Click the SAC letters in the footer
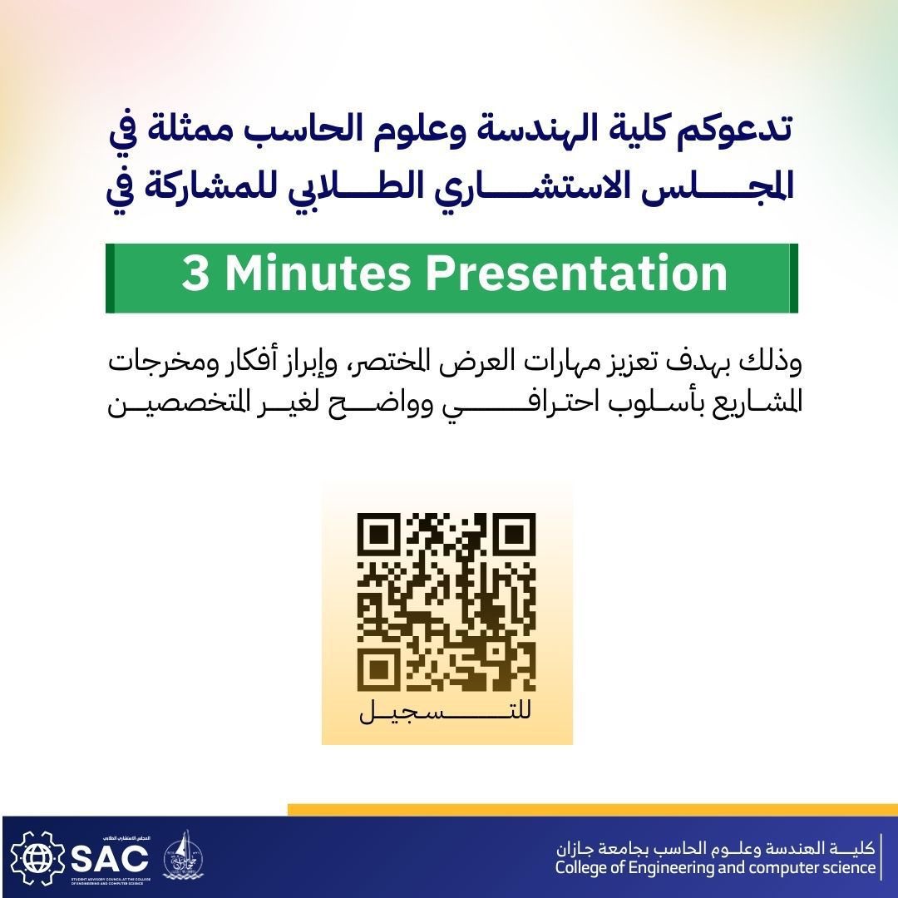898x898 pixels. coord(109,856)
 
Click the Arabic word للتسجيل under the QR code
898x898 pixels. coord(447,714)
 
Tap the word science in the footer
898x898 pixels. coord(850,869)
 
